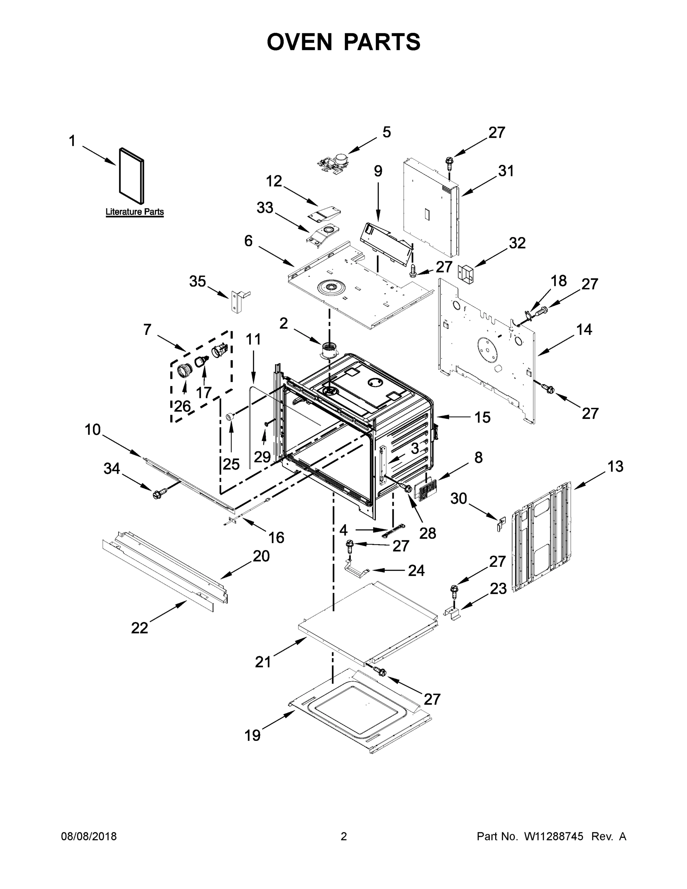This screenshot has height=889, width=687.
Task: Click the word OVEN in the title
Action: click(300, 42)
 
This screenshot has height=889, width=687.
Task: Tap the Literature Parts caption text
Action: click(134, 212)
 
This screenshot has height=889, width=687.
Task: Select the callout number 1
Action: click(72, 141)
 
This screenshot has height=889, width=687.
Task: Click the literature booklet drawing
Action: click(131, 176)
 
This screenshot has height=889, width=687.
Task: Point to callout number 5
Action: click(386, 132)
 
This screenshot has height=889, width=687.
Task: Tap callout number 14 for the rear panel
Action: click(584, 329)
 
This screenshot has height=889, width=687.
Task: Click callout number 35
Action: click(197, 281)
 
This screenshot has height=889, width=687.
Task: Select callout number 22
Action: click(139, 628)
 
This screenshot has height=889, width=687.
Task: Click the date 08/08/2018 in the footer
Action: click(89, 836)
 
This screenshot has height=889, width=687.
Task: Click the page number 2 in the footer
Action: click(344, 836)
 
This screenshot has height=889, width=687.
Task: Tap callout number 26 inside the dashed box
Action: click(182, 406)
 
